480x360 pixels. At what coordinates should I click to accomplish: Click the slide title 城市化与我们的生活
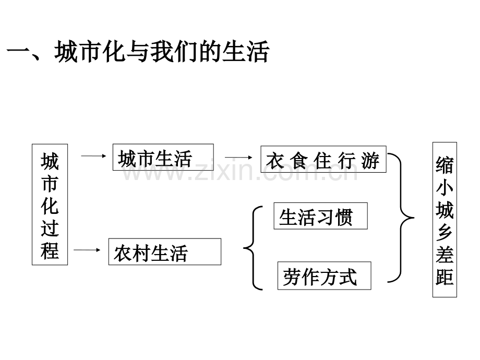click(x=162, y=52)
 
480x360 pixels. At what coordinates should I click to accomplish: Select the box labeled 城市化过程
click(x=50, y=205)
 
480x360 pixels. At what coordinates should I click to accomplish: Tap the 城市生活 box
click(x=163, y=157)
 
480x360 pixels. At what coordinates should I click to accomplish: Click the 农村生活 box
click(x=165, y=251)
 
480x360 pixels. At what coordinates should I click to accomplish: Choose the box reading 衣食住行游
click(x=323, y=159)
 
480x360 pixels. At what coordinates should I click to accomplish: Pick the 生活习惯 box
click(x=320, y=216)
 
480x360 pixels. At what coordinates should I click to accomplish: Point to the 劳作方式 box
click(x=324, y=275)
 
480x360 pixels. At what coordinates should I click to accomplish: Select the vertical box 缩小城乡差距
click(x=445, y=220)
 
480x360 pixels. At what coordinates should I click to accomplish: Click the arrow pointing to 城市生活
click(x=93, y=156)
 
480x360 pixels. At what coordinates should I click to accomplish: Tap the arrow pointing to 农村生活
click(x=87, y=250)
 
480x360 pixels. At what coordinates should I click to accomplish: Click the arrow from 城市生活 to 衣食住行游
click(x=238, y=158)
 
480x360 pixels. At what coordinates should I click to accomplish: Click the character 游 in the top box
click(x=370, y=160)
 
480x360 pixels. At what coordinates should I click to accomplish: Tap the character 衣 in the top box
click(x=274, y=161)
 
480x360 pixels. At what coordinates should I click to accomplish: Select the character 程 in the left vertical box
click(x=50, y=251)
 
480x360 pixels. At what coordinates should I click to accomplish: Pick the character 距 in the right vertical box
click(x=445, y=277)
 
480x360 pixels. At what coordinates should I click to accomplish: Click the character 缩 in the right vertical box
click(x=445, y=165)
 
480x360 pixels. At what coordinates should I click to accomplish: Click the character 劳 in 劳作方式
click(x=292, y=277)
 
